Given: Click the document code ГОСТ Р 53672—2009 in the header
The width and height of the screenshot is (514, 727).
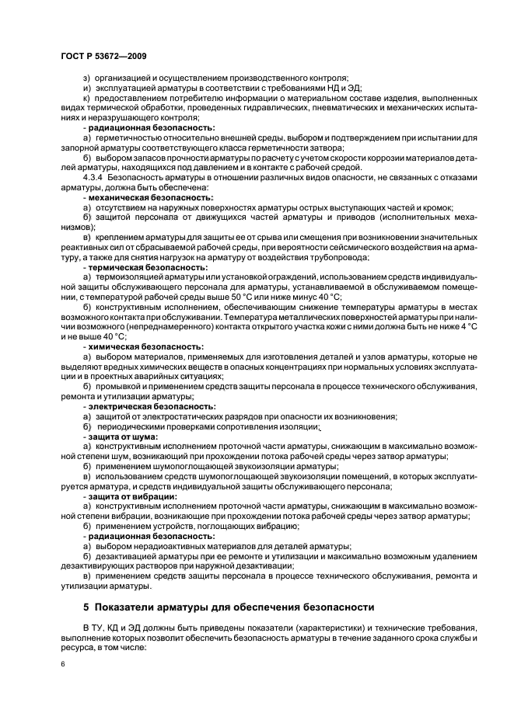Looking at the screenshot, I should point(103,57).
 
